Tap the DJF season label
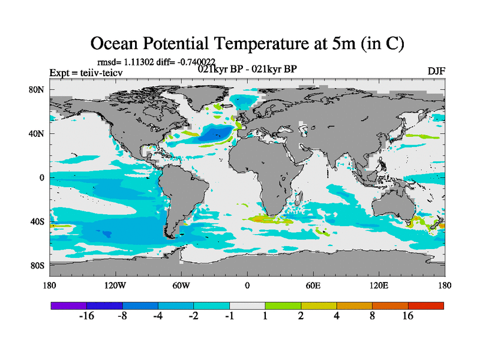[436, 71]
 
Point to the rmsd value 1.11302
[140, 61]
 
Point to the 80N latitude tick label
[38, 89]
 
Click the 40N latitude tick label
[38, 134]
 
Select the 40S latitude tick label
[38, 221]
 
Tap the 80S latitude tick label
[38, 265]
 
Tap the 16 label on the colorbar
[408, 317]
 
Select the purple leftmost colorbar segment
[68, 305]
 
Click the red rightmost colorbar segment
[426, 305]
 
